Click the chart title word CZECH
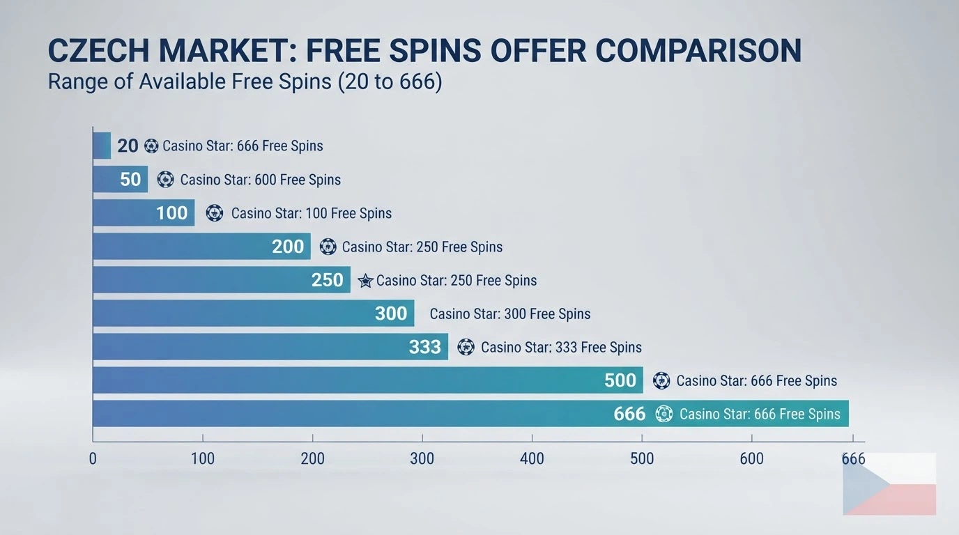tap(99, 50)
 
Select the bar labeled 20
tap(102, 146)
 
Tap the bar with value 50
tap(121, 179)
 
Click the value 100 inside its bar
tap(171, 212)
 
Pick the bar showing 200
tap(201, 246)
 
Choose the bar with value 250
tap(222, 279)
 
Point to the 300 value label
tap(391, 313)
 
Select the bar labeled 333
tap(270, 346)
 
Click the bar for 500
tap(368, 380)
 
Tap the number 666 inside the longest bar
tap(629, 414)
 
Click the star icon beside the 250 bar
tap(365, 281)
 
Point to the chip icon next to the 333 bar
tap(466, 347)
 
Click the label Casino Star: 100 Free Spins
tap(312, 213)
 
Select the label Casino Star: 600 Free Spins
tap(260, 179)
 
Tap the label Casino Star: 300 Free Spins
tap(510, 313)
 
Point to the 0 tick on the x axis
tap(93, 459)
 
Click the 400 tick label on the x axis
tap(532, 459)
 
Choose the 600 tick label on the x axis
tap(752, 459)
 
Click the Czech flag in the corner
tap(889, 483)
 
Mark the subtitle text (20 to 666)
tap(390, 82)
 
